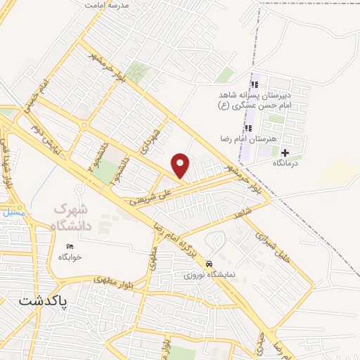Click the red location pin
click(x=181, y=165)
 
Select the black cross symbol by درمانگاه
click(x=285, y=152)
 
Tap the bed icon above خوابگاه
click(x=70, y=247)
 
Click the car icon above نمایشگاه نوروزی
click(x=209, y=263)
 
